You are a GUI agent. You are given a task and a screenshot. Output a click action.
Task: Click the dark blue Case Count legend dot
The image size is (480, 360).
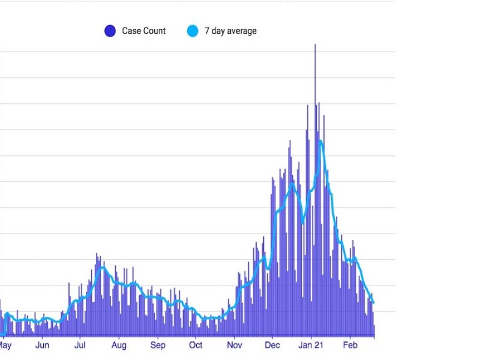click(110, 31)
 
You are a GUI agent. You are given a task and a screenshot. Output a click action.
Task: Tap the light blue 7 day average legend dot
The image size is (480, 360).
click(192, 31)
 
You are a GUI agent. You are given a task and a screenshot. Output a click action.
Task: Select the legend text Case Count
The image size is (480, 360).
click(143, 31)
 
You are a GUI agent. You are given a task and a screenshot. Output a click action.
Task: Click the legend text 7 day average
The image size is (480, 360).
click(230, 31)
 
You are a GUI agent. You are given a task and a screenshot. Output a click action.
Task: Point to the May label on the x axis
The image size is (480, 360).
click(5, 346)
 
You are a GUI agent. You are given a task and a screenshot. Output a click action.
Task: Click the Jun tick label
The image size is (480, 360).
click(42, 346)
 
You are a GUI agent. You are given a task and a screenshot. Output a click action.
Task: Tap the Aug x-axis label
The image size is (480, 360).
click(119, 346)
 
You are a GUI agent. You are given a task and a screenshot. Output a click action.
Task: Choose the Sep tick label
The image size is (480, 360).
click(158, 346)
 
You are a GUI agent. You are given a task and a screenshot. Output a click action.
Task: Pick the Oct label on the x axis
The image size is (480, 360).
click(196, 346)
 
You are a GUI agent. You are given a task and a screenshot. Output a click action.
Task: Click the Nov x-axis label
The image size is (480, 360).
click(235, 346)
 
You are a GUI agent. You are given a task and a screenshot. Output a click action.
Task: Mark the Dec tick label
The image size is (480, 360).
click(272, 346)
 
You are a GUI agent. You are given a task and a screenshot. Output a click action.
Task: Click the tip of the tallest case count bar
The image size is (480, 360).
click(314, 44)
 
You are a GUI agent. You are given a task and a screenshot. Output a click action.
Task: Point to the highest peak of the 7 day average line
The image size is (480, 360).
click(321, 141)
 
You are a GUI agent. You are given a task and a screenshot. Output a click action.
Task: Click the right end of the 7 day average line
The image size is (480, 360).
click(373, 302)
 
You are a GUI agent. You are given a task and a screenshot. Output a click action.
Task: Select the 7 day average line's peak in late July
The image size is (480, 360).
click(103, 266)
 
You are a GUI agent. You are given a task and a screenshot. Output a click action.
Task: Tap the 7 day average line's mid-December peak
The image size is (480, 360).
click(293, 183)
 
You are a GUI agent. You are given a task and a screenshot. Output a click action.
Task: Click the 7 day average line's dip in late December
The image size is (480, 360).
click(303, 221)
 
